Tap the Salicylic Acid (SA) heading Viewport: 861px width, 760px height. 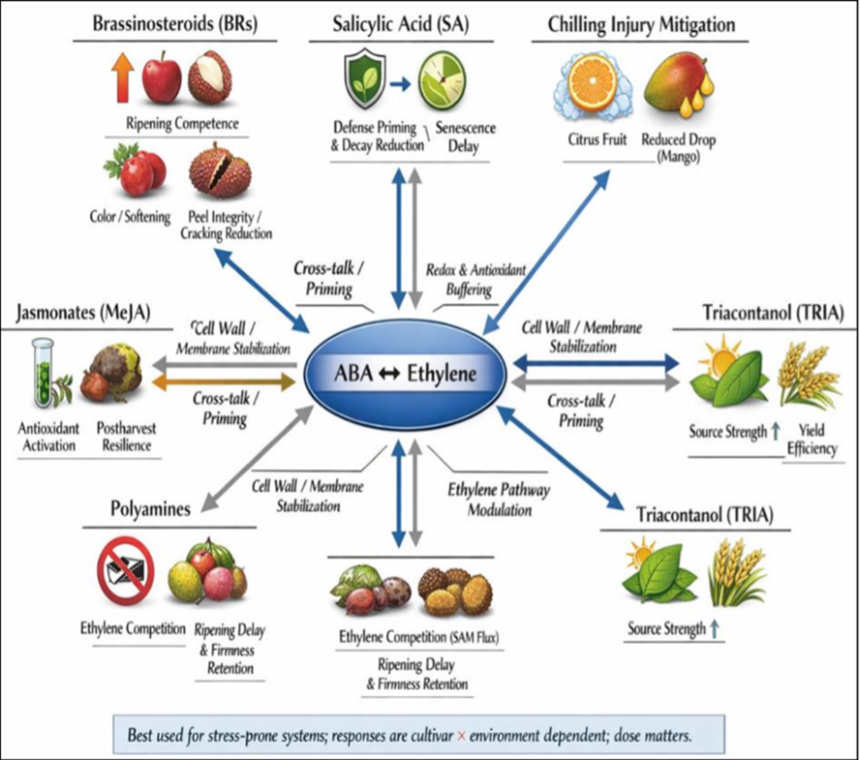pyautogui.click(x=401, y=23)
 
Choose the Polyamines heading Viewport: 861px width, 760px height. pyautogui.click(x=149, y=508)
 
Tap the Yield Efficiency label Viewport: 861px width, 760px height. pyautogui.click(x=812, y=440)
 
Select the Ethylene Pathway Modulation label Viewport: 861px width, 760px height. pyautogui.click(x=497, y=499)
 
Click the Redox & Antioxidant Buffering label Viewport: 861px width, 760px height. pyautogui.click(x=476, y=278)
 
